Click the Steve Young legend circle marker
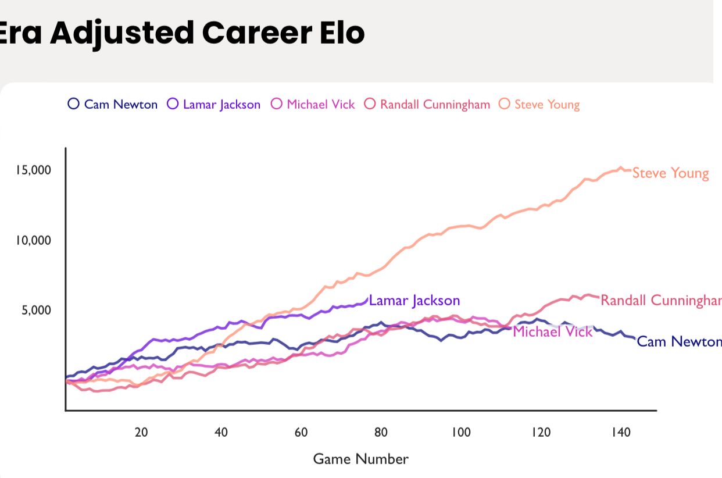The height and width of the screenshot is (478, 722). [505, 104]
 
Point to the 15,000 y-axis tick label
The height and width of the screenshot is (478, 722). [34, 170]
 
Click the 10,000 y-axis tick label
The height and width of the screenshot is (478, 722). [34, 240]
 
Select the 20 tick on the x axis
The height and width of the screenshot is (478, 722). [141, 432]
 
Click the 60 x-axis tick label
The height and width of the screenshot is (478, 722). [301, 432]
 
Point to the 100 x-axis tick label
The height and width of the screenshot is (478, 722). [460, 432]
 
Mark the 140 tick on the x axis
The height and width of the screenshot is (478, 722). [620, 432]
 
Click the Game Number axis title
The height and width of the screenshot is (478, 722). [360, 459]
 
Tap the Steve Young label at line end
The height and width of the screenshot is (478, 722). [670, 173]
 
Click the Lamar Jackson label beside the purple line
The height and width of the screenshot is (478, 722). [414, 301]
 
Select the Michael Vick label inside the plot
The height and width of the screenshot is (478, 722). [552, 331]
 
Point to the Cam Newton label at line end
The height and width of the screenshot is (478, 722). [678, 341]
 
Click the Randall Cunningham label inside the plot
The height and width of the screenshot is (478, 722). [660, 300]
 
